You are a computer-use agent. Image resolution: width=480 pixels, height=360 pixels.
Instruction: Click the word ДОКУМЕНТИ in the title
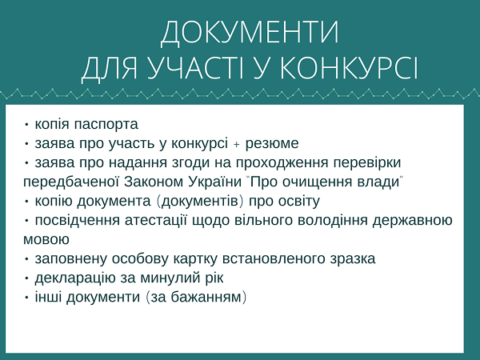[x=250, y=33]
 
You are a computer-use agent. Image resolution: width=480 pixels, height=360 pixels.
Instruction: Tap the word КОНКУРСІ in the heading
[x=349, y=68]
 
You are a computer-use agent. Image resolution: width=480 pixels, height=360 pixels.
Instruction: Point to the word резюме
[x=272, y=144]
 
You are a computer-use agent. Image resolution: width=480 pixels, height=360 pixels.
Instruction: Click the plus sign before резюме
[x=236, y=145]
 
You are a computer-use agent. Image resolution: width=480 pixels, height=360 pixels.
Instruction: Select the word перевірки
[x=367, y=163]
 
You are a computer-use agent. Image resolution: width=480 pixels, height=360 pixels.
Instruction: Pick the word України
[x=214, y=182]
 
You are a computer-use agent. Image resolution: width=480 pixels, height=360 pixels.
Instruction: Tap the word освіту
[x=299, y=202]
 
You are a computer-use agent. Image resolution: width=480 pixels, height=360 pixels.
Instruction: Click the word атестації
[x=156, y=221]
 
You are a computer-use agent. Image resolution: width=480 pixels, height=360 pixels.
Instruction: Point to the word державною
[x=412, y=221]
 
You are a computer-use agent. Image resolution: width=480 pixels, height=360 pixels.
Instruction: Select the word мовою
[x=46, y=240]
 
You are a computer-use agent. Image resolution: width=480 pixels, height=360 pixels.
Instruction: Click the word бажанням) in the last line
[x=209, y=298]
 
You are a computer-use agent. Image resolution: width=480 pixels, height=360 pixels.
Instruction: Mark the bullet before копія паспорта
[x=27, y=125]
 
